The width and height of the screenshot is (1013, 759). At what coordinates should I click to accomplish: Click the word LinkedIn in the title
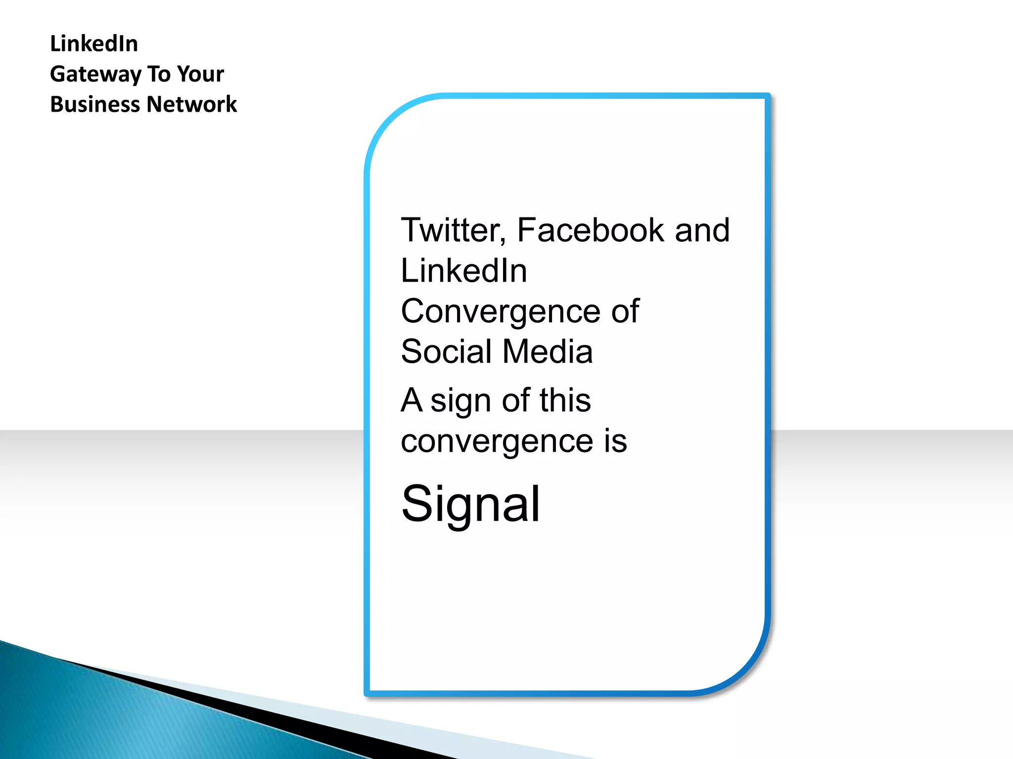(x=93, y=43)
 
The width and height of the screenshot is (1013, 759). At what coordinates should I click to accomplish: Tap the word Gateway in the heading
(x=95, y=75)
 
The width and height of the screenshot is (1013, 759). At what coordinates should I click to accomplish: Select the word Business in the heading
(x=94, y=104)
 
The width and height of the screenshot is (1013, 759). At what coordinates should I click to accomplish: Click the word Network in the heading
(x=191, y=104)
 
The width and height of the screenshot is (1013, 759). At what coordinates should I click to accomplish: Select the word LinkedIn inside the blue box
(x=463, y=271)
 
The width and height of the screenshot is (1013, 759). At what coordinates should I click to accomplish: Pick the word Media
(x=548, y=352)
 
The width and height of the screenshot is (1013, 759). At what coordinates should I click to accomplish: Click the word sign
(x=460, y=400)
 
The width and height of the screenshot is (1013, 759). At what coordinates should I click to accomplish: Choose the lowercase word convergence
(x=497, y=441)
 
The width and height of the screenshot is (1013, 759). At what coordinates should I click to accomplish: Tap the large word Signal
(x=470, y=504)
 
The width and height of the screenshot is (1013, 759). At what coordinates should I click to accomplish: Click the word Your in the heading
(x=200, y=74)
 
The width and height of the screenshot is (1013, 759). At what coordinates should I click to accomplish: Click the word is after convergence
(x=615, y=441)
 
